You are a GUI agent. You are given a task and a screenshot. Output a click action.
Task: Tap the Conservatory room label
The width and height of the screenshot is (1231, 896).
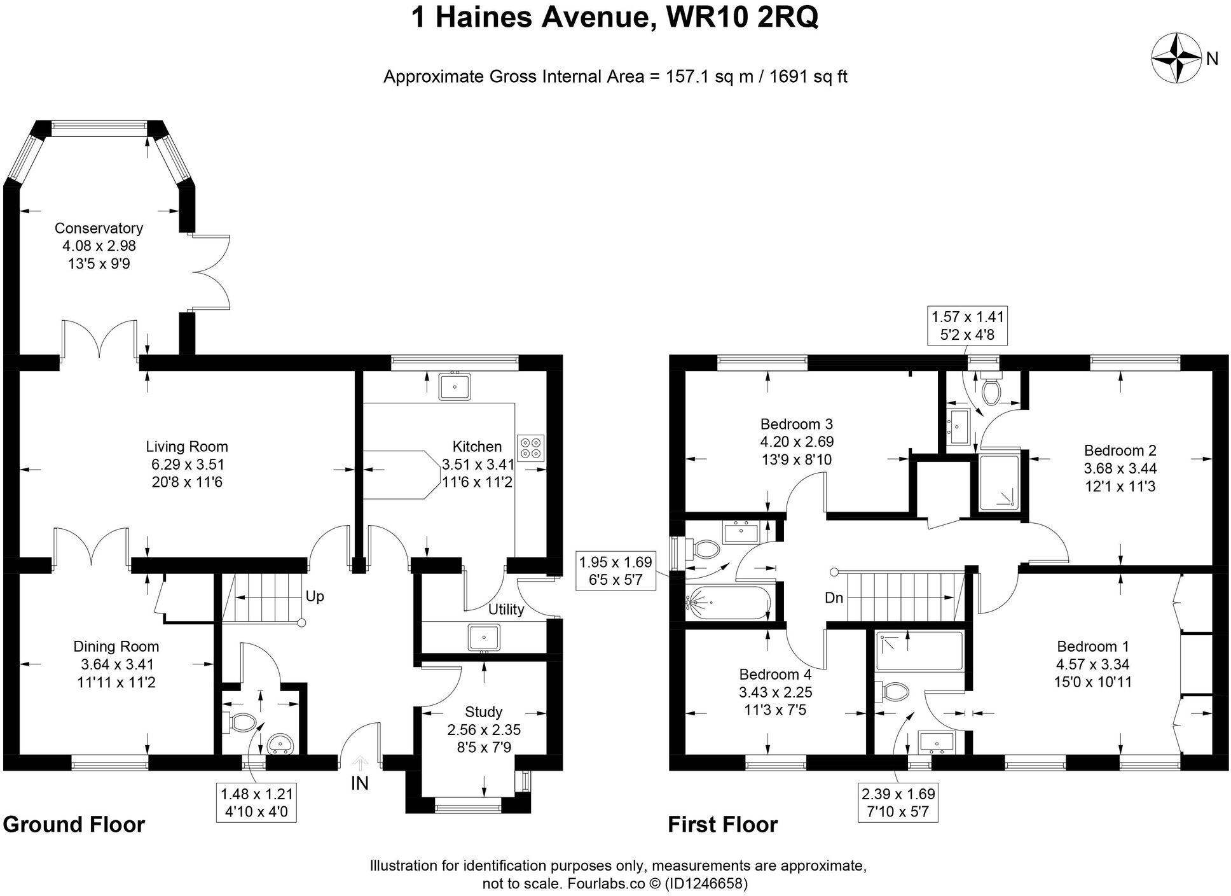click(99, 228)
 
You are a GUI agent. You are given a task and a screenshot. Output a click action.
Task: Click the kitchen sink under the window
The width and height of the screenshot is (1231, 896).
click(455, 386)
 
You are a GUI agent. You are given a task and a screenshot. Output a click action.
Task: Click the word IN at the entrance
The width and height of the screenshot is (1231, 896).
click(360, 783)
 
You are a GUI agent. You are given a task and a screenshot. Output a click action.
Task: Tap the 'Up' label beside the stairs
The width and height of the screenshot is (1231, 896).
click(315, 596)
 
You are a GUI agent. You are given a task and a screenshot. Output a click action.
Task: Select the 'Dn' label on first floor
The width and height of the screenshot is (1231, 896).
click(834, 598)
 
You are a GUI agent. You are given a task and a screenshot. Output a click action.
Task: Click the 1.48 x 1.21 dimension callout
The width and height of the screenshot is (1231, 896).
click(257, 803)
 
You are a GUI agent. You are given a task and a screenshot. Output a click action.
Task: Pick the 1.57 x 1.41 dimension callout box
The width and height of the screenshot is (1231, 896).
click(968, 325)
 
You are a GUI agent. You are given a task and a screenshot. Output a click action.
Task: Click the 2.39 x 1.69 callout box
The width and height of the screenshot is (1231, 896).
click(898, 803)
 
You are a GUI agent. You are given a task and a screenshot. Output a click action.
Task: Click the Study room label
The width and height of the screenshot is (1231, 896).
click(483, 711)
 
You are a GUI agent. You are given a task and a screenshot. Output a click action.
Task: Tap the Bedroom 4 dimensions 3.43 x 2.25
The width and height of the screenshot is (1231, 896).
click(775, 692)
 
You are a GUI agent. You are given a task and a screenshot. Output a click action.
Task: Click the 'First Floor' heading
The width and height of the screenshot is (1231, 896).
click(722, 825)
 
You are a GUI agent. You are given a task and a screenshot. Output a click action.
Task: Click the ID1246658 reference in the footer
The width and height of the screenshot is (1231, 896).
click(705, 884)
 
